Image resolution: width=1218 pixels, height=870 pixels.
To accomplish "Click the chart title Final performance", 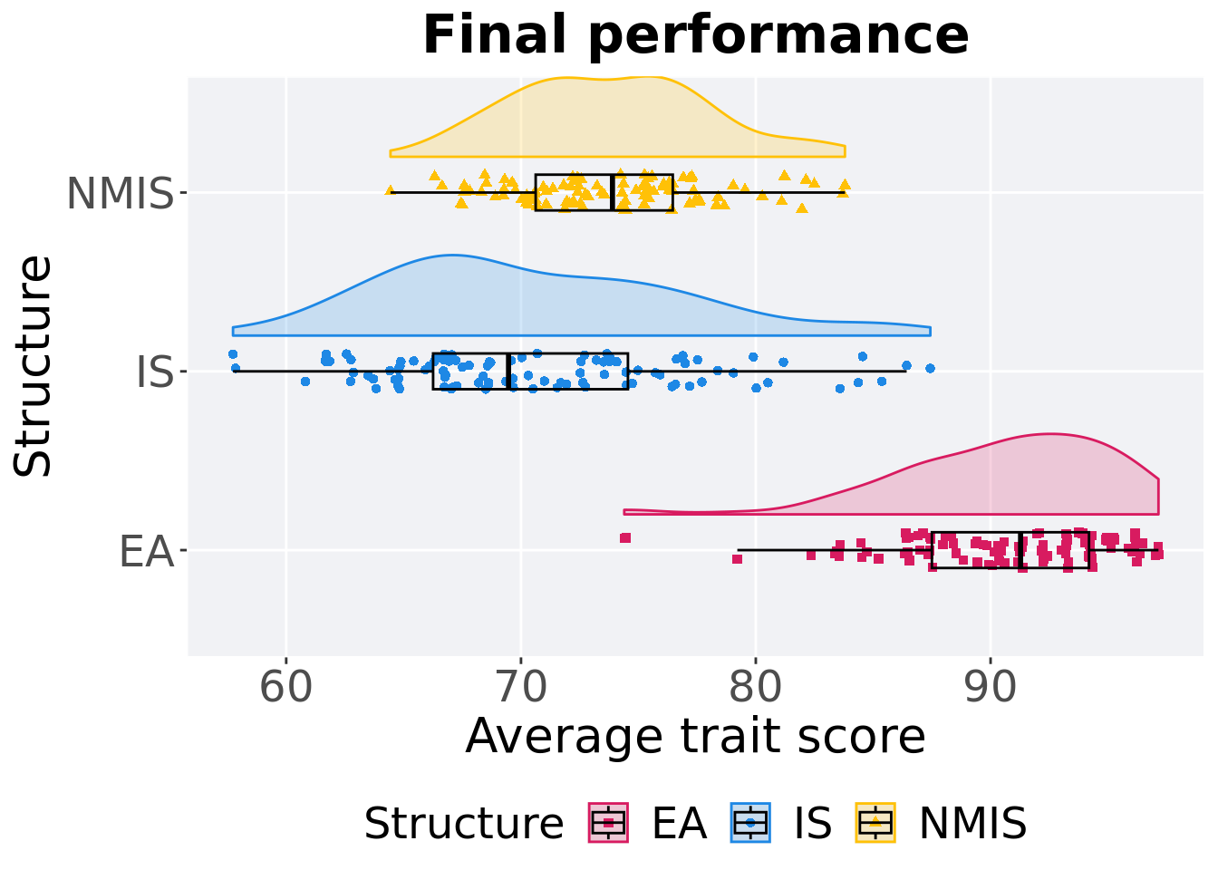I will pos(695,36).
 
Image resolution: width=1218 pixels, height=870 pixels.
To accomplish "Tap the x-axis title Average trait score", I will pos(695,736).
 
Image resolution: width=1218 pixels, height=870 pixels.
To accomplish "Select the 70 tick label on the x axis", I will pos(521,688).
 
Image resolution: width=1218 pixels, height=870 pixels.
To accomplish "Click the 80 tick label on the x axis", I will pos(756,688).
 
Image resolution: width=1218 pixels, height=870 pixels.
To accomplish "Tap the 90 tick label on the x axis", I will pos(991,688).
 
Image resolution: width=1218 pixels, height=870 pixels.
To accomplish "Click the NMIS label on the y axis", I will pos(120,193).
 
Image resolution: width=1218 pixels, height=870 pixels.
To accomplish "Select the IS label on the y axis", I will pos(154,372).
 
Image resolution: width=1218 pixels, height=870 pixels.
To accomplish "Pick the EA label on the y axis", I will pos(146,551).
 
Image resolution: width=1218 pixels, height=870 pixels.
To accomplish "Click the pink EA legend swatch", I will pos(608,823).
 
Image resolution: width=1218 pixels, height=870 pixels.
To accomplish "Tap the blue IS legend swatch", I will pos(750,823).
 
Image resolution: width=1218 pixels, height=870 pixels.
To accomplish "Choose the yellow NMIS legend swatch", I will pos(875,823).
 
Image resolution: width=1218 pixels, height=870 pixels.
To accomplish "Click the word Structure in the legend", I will pos(463,824).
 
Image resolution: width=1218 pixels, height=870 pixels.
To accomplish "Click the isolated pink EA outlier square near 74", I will pos(625,537).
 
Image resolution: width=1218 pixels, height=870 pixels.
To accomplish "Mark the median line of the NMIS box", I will pos(613,192).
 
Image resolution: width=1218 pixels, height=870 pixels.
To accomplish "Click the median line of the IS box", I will pos(508,372).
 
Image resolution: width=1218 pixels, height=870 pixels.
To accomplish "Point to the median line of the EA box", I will pos(1021,550).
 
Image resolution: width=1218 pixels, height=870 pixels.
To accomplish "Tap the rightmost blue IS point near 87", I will pos(930,368).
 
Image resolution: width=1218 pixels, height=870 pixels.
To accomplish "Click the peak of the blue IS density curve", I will pos(451,256).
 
